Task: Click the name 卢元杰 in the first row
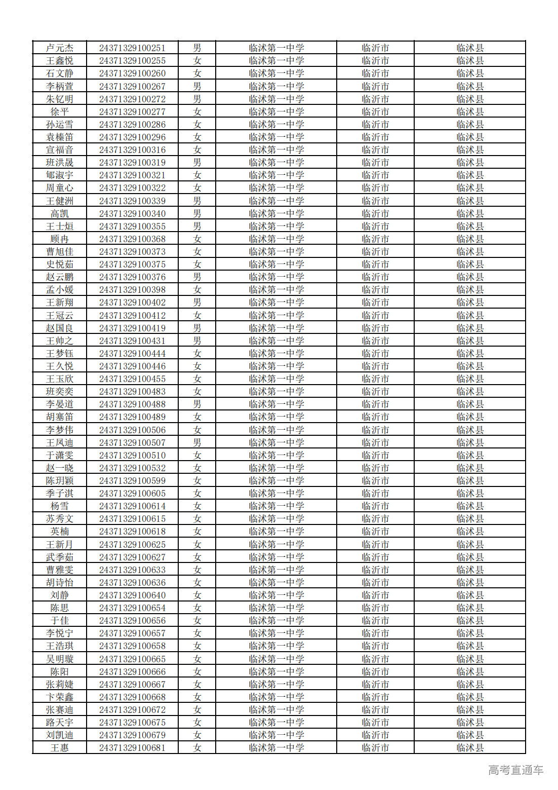(x=60, y=48)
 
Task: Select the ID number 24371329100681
(x=132, y=748)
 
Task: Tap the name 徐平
(x=60, y=112)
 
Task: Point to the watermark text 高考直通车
(x=515, y=770)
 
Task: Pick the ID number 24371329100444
(x=132, y=354)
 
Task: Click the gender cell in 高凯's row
(x=197, y=214)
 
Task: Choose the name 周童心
(x=60, y=188)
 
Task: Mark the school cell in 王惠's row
(x=276, y=748)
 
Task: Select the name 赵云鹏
(x=60, y=277)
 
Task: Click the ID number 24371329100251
(x=132, y=48)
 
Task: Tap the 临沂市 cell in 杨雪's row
(x=375, y=506)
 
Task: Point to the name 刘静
(x=60, y=595)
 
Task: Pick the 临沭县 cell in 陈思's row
(x=470, y=608)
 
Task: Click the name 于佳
(x=60, y=621)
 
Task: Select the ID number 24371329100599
(x=132, y=481)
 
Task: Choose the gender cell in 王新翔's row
(x=197, y=303)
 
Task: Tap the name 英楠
(x=60, y=532)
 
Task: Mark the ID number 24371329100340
(x=132, y=214)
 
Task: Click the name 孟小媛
(x=60, y=290)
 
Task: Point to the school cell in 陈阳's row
(x=276, y=672)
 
